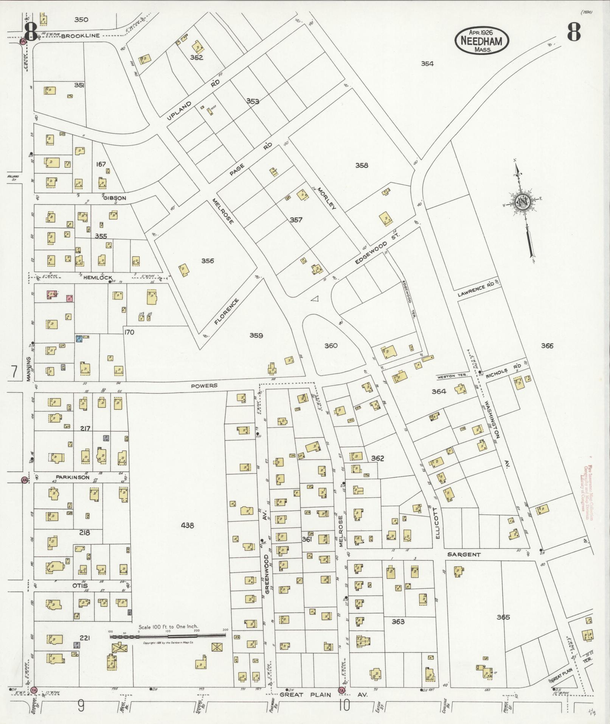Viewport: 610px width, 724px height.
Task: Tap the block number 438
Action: click(x=188, y=525)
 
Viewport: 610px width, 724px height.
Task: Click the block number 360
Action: click(x=331, y=346)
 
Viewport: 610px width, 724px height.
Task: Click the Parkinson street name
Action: click(x=73, y=477)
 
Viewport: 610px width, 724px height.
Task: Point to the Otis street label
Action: click(x=80, y=586)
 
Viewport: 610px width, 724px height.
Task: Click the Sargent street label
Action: click(x=464, y=554)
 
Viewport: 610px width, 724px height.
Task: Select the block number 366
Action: click(x=547, y=346)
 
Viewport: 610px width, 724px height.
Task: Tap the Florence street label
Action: click(x=227, y=311)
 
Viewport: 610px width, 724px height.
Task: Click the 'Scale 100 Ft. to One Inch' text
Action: click(x=168, y=627)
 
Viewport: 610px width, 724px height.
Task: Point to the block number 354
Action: click(x=427, y=64)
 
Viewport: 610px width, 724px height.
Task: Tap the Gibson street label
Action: click(x=114, y=198)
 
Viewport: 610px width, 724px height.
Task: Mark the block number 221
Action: click(x=85, y=638)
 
